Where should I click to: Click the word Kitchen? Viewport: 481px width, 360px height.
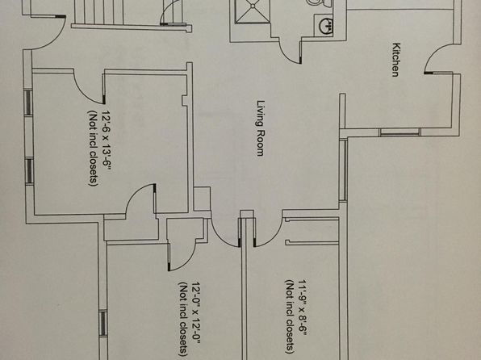[x=396, y=60]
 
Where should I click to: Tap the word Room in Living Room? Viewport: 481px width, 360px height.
[x=260, y=143]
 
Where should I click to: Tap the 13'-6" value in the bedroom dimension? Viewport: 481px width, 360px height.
[x=107, y=157]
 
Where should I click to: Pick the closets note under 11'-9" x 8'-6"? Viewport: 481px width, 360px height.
[x=291, y=316]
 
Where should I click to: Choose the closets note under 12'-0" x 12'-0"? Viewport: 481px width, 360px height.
[x=183, y=320]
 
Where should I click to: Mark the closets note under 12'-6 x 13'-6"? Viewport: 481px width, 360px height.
[x=94, y=148]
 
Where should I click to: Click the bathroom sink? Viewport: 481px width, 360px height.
[x=326, y=26]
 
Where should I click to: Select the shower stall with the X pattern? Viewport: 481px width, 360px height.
[x=253, y=11]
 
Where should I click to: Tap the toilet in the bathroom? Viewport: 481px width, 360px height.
[x=319, y=4]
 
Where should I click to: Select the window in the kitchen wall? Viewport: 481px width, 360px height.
[x=399, y=132]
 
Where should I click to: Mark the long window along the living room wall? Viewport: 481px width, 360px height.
[x=343, y=170]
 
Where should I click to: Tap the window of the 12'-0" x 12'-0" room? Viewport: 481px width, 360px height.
[x=102, y=324]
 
